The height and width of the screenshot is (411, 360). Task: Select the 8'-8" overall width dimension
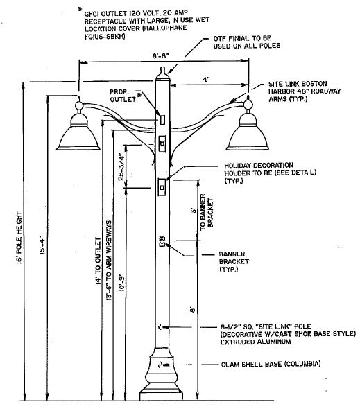click(x=161, y=56)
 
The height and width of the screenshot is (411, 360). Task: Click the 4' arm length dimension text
click(x=206, y=79)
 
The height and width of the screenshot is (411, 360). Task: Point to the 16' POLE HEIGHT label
click(x=19, y=238)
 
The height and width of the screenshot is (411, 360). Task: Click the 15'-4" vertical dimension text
click(x=42, y=246)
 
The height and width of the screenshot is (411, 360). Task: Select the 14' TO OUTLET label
click(x=98, y=261)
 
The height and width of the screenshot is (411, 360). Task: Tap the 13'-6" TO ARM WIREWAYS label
click(x=109, y=260)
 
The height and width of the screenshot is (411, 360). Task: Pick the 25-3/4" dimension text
click(x=121, y=167)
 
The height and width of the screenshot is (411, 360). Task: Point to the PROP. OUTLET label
click(x=123, y=96)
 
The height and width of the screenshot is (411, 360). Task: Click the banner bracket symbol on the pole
click(x=162, y=241)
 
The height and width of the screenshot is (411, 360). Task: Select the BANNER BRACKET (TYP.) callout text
click(x=234, y=261)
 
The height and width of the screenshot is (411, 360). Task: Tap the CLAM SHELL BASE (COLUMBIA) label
click(x=271, y=364)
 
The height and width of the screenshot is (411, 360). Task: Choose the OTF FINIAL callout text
click(x=247, y=42)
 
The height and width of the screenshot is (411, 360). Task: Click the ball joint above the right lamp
click(x=248, y=105)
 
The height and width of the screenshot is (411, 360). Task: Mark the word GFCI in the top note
click(x=92, y=14)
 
